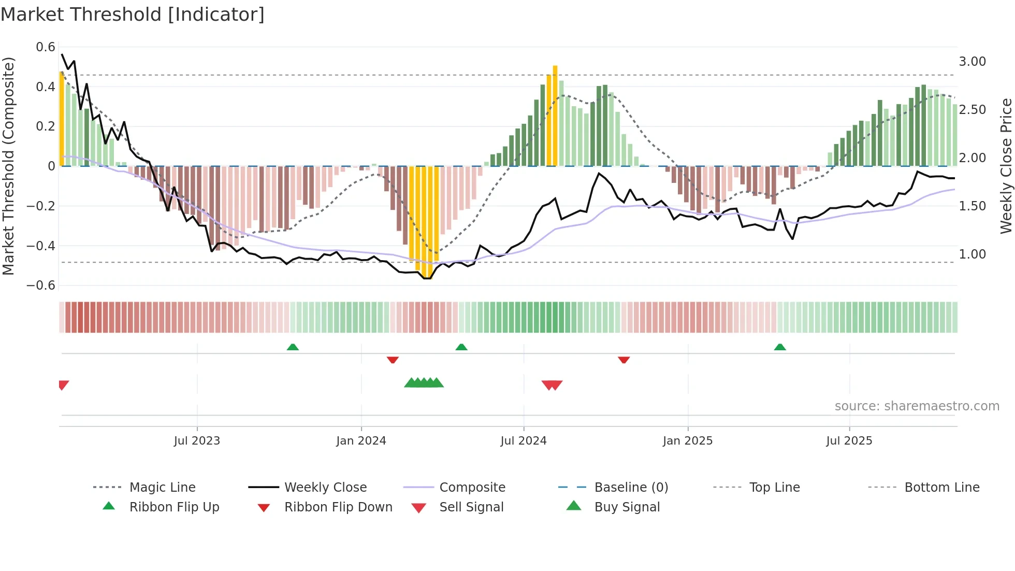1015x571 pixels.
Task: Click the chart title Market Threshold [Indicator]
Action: click(x=133, y=15)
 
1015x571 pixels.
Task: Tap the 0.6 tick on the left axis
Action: click(x=46, y=47)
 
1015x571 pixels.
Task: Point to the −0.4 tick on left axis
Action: click(x=41, y=246)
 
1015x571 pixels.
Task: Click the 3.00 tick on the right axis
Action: click(x=972, y=62)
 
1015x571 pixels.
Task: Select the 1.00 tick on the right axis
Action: click(x=972, y=254)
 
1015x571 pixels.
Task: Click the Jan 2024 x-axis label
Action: click(x=361, y=441)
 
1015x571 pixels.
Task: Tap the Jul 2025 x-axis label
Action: click(x=849, y=441)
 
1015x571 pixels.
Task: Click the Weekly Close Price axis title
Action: click(x=1006, y=166)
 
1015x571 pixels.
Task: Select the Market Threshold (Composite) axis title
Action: click(x=8, y=166)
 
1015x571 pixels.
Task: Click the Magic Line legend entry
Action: click(x=162, y=488)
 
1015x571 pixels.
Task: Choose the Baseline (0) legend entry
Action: click(x=631, y=488)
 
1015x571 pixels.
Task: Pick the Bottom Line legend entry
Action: click(x=941, y=488)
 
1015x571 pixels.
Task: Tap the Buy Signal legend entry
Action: click(x=627, y=507)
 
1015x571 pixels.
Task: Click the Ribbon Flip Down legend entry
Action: click(x=338, y=507)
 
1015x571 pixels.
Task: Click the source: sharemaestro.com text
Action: click(x=917, y=406)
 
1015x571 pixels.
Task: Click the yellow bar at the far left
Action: click(x=62, y=119)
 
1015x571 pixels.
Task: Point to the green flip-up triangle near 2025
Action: click(x=780, y=347)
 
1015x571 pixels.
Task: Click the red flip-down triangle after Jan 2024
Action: click(x=393, y=360)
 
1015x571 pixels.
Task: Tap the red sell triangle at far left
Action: click(x=63, y=384)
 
